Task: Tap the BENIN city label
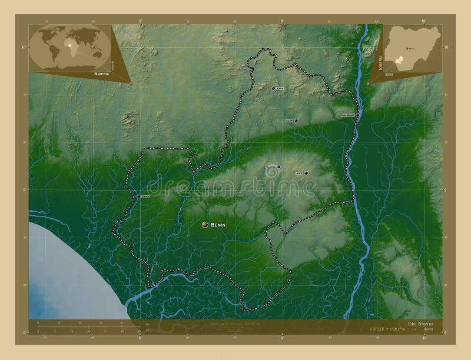(218, 225)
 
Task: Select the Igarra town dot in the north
(274, 88)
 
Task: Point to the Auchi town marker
(296, 121)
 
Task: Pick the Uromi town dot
(306, 173)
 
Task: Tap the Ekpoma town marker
(278, 167)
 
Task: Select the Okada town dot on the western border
(138, 196)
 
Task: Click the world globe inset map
(69, 46)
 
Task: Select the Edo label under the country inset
(389, 75)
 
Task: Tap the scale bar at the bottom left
(82, 324)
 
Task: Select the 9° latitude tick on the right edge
(445, 189)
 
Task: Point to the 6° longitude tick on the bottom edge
(140, 336)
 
